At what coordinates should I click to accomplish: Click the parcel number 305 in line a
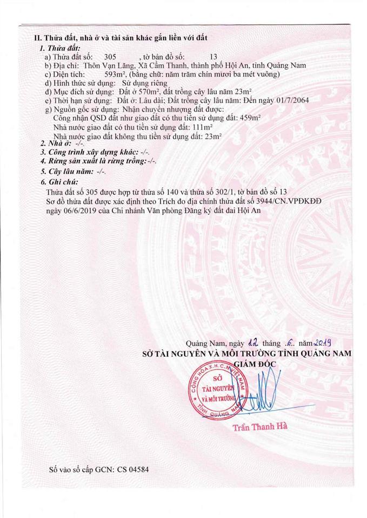[x=110, y=57]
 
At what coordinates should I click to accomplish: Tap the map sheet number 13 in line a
[x=213, y=57]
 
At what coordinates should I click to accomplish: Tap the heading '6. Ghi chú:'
[x=60, y=182]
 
